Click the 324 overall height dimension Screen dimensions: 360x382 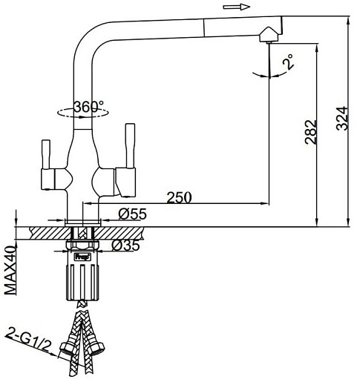pyautogui.click(x=342, y=118)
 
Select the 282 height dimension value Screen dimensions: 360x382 pyautogui.click(x=311, y=132)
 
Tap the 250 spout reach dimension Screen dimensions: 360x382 pyautogui.click(x=180, y=197)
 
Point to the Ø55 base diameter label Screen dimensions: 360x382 pyautogui.click(x=133, y=214)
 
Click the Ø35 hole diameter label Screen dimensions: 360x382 pyautogui.click(x=125, y=246)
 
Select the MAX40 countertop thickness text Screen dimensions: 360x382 pyautogui.click(x=10, y=271)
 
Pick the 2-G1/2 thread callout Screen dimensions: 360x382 pyautogui.click(x=27, y=340)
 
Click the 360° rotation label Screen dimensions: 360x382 pyautogui.click(x=89, y=107)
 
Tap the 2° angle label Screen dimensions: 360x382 pyautogui.click(x=289, y=62)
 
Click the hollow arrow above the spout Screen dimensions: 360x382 pyautogui.click(x=237, y=7)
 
